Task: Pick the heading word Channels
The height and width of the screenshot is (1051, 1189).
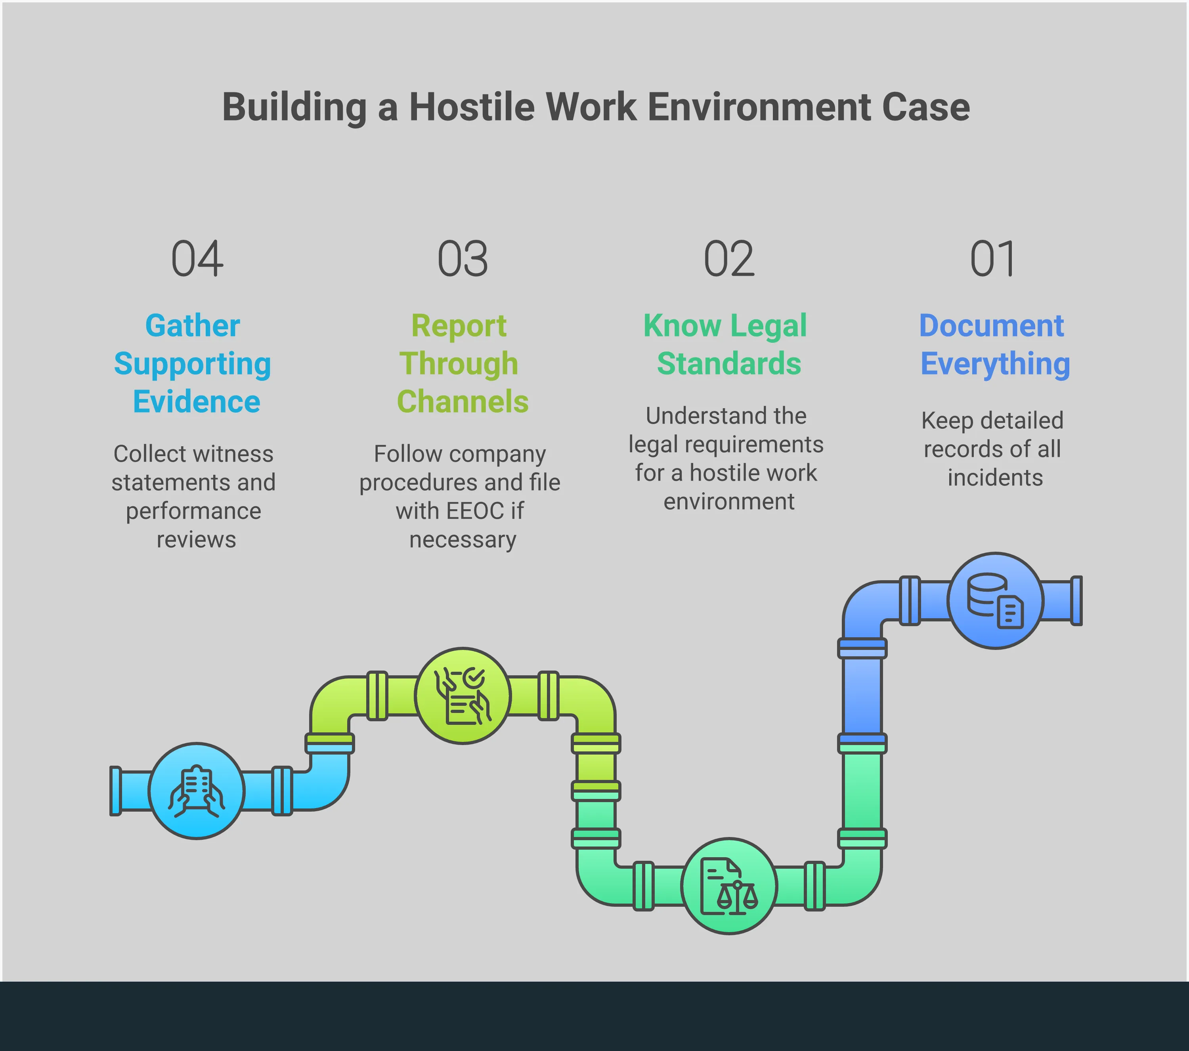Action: coord(463,401)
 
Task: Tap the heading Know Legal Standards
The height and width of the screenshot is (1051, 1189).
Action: coord(726,344)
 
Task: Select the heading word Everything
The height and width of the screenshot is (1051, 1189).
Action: coord(995,365)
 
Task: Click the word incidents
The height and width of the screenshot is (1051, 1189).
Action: coord(995,478)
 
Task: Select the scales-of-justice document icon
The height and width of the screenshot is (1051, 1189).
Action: coord(729,887)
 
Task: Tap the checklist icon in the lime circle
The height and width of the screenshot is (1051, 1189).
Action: coord(463,696)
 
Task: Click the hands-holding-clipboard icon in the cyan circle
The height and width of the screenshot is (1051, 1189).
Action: coord(197,791)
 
